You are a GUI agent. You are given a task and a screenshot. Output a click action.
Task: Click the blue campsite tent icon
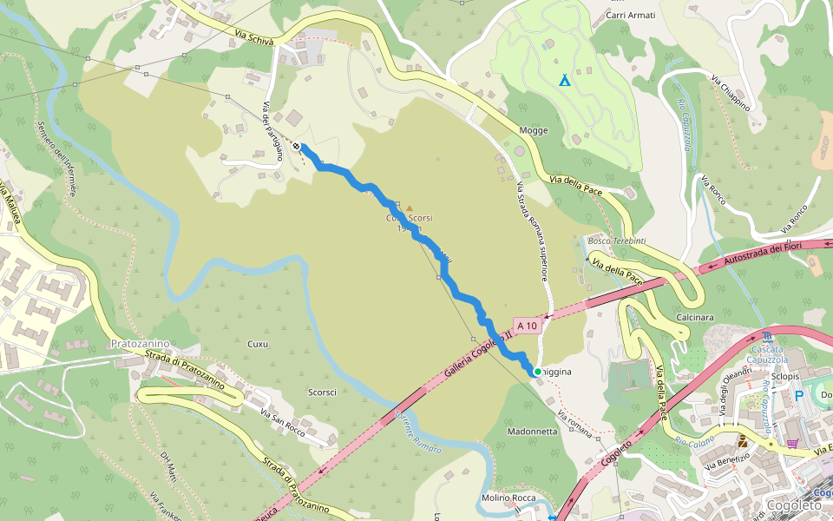(x=565, y=80)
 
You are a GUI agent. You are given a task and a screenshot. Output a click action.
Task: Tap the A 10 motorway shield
(x=527, y=326)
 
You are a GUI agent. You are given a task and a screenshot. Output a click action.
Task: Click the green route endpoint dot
(x=537, y=372)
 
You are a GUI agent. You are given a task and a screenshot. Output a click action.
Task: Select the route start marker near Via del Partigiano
(x=297, y=146)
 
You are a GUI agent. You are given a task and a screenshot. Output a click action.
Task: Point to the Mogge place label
(x=533, y=130)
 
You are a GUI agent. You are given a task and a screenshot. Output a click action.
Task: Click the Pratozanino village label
(x=140, y=344)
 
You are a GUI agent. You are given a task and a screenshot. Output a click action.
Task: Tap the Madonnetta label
(x=532, y=432)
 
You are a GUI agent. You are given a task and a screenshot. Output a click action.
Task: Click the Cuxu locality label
(x=258, y=344)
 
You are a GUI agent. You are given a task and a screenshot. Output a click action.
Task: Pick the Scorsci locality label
(x=322, y=392)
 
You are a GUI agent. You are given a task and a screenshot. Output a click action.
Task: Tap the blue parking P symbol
(x=798, y=396)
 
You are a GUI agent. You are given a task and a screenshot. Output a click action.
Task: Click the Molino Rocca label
(x=508, y=498)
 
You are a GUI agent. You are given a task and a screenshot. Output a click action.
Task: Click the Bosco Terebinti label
(x=617, y=241)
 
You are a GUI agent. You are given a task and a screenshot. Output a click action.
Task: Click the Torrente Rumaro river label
(x=418, y=432)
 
